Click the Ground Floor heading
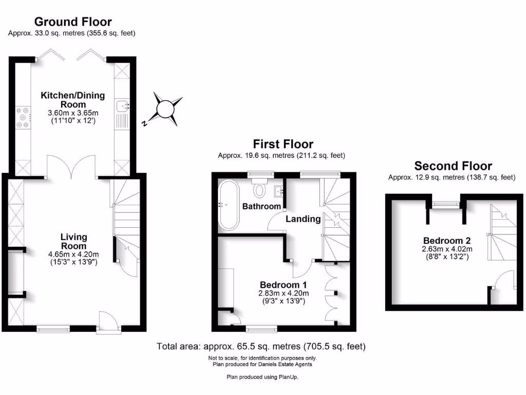tap(72, 22)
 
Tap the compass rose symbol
tap(166, 109)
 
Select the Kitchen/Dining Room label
tap(72, 100)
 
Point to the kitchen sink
tap(122, 106)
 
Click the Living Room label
tap(73, 242)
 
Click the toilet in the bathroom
tap(260, 189)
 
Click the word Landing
tap(303, 219)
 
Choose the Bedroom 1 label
tap(283, 285)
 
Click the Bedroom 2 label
tap(447, 240)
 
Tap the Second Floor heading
tap(453, 166)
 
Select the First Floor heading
tap(283, 144)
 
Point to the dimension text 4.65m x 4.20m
tap(73, 254)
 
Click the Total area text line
tap(261, 347)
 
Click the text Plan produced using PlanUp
tap(262, 377)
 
